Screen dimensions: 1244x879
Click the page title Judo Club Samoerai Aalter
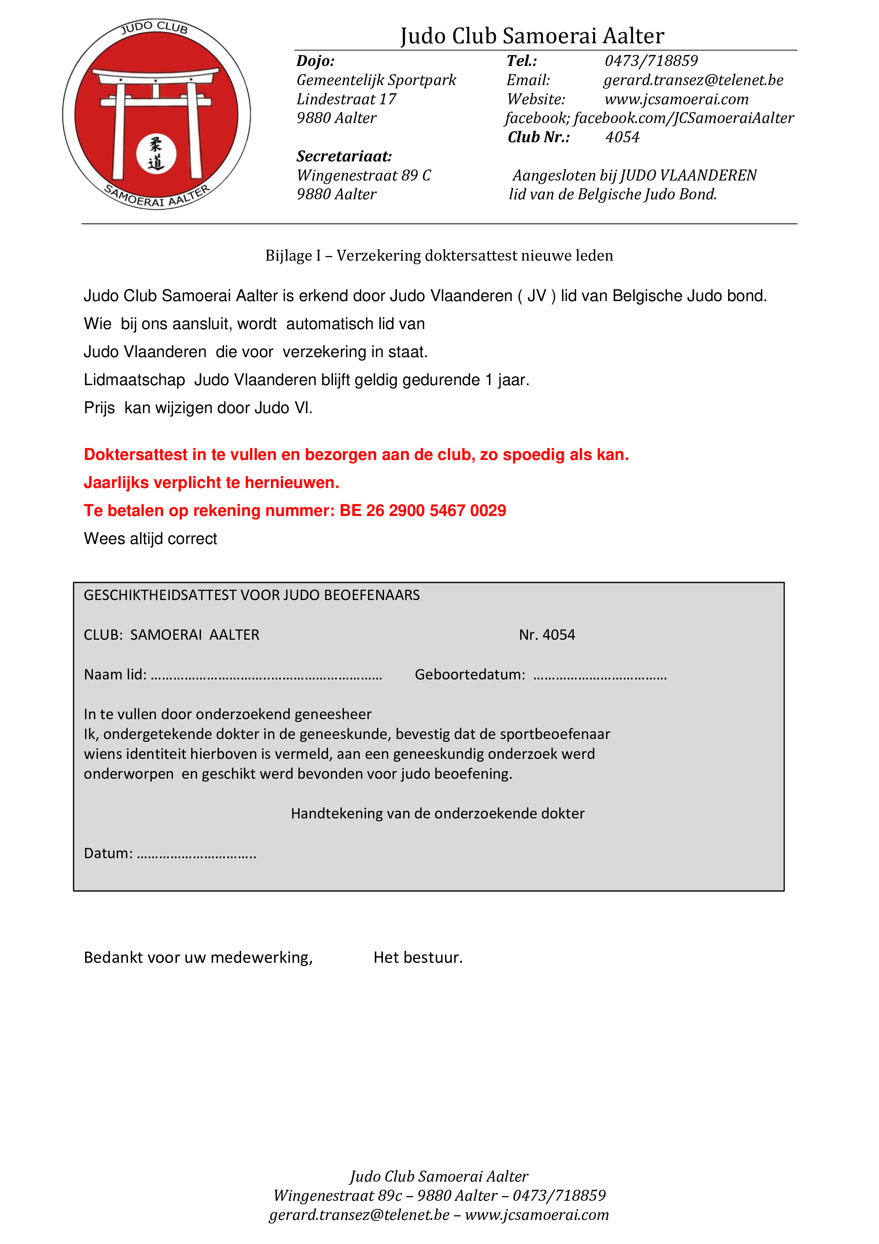pos(532,36)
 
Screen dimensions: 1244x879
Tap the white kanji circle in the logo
pos(156,154)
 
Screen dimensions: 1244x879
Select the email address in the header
pos(693,80)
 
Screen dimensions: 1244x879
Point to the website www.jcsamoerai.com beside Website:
pos(677,99)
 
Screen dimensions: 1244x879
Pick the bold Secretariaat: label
pos(344,157)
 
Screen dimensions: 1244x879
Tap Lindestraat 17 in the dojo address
pos(346,99)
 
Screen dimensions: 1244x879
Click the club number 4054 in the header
pos(622,137)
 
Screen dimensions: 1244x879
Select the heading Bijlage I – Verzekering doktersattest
pos(439,256)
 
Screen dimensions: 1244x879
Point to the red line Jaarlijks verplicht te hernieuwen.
pos(211,482)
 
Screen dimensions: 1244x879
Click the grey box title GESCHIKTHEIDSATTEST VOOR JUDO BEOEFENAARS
pos(251,595)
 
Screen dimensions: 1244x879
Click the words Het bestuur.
pos(418,957)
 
